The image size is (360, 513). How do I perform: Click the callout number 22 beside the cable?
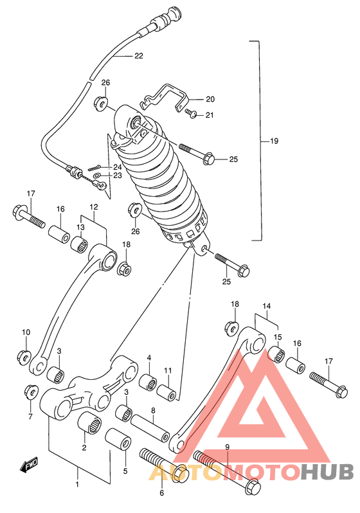(x=139, y=56)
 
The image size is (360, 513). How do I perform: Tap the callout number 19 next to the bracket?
(x=274, y=141)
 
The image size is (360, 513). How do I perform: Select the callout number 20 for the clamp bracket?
(x=210, y=99)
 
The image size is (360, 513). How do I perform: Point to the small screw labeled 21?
(x=190, y=113)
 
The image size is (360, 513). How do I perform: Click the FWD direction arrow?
(x=29, y=465)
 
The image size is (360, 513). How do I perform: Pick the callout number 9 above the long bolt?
(x=228, y=446)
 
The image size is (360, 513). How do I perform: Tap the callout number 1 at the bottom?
(x=77, y=484)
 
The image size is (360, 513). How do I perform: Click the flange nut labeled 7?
(x=31, y=392)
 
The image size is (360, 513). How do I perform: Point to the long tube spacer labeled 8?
(x=150, y=428)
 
